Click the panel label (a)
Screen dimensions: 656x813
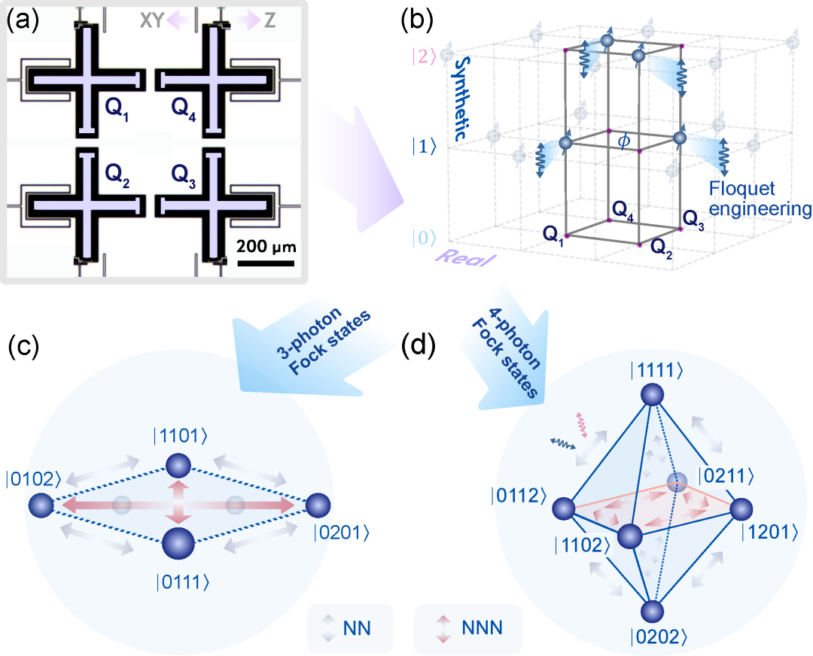click(x=20, y=20)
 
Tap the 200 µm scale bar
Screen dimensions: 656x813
click(x=266, y=263)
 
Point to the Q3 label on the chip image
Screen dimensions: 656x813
click(x=190, y=175)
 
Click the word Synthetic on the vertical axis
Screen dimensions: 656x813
click(x=460, y=96)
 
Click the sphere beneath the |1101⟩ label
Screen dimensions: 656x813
click(x=178, y=466)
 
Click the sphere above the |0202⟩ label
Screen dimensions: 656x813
click(x=653, y=612)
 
